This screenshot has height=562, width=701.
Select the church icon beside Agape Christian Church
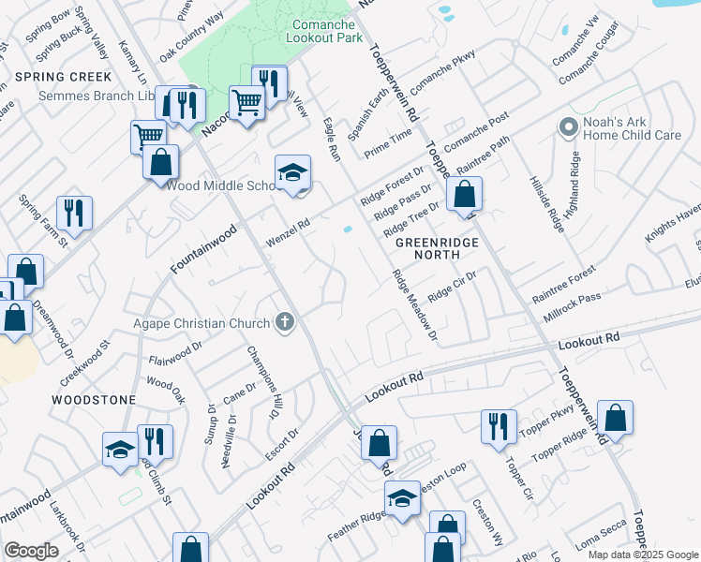[x=285, y=323]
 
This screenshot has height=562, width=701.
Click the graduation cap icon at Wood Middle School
[x=292, y=173]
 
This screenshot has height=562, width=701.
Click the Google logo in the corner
[x=31, y=550]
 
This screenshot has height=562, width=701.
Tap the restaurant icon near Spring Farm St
[x=74, y=213]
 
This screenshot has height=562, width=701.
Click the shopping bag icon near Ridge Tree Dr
[x=464, y=195]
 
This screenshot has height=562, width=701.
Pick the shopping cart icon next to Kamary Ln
[x=148, y=137]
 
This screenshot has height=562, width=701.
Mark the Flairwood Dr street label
[x=175, y=352]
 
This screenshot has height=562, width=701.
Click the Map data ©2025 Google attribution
[x=643, y=555]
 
